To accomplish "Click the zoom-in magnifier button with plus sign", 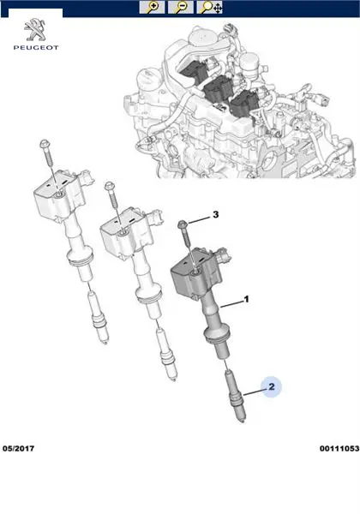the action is tap(152, 7).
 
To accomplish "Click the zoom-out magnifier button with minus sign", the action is tap(181, 7).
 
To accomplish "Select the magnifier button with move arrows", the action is tap(210, 7).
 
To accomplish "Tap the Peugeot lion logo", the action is tap(35, 30).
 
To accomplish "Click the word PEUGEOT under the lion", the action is tap(36, 47).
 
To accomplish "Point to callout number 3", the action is tap(215, 215).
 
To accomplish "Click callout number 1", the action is tap(246, 299).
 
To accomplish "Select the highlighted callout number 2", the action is tap(272, 387).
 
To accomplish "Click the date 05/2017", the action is tap(18, 448).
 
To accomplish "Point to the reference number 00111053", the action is tap(339, 448).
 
